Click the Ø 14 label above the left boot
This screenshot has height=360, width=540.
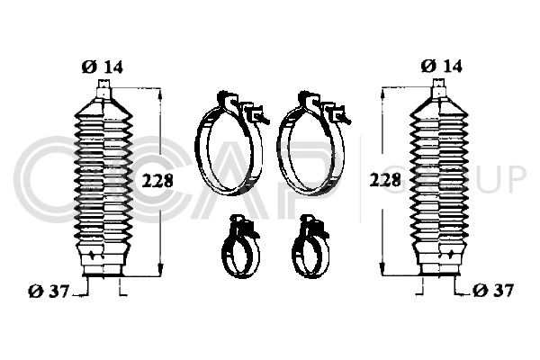click(103, 67)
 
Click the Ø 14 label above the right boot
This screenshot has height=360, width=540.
click(442, 66)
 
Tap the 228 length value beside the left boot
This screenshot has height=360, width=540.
click(157, 181)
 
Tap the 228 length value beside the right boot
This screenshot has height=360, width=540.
click(385, 180)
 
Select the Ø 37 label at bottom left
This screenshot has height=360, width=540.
click(49, 292)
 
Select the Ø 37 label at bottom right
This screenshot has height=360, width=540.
click(493, 291)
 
